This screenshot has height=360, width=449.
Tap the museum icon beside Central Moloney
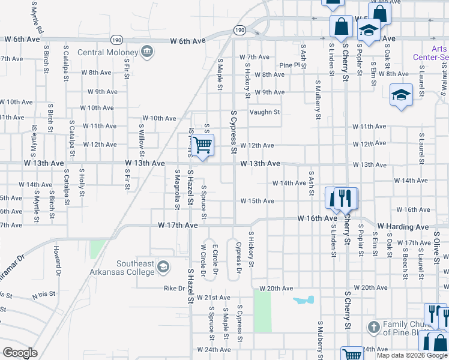[146, 52]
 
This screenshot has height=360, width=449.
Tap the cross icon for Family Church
[373, 327]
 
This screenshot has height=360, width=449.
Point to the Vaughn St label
[265, 112]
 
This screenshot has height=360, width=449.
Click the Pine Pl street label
[289, 65]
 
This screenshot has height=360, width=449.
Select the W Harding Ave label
[403, 227]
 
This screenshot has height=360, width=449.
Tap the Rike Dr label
[174, 288]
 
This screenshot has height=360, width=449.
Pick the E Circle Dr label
[214, 262]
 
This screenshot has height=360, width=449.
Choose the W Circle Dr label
[203, 262]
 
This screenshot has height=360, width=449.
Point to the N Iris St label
[43, 295]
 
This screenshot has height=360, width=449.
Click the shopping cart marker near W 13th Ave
[203, 145]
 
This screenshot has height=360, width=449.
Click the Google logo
[20, 353]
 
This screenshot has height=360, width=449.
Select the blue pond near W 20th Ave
[303, 299]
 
